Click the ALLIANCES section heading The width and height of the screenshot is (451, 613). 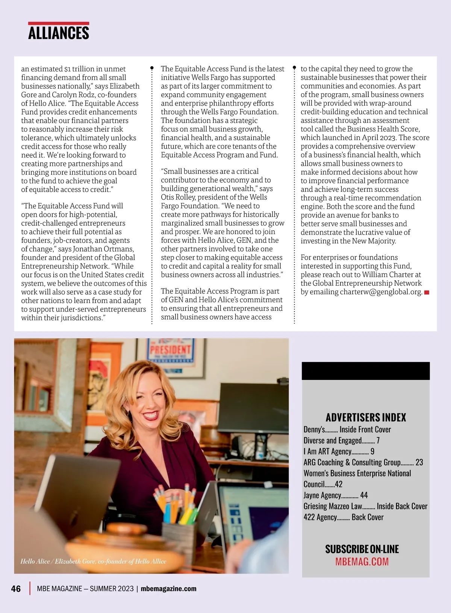[59, 33]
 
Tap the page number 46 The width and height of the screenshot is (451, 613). [16, 589]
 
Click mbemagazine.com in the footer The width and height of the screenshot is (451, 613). [168, 589]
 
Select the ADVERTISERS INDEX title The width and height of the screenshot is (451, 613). [366, 417]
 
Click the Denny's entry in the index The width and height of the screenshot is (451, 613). [347, 429]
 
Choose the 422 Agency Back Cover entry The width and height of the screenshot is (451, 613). [343, 517]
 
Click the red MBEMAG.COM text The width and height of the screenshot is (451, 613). [362, 562]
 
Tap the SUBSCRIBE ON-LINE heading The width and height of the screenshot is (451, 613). [362, 549]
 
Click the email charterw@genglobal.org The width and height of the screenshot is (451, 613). [381, 292]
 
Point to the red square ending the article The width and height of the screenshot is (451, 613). [427, 292]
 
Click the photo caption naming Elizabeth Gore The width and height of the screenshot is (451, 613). [93, 561]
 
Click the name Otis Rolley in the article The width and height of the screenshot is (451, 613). [178, 197]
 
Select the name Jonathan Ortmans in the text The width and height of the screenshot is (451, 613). [103, 249]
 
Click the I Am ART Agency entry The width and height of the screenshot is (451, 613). [339, 451]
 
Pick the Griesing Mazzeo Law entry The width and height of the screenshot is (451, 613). [365, 506]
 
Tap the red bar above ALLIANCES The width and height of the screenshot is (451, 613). [59, 23]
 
